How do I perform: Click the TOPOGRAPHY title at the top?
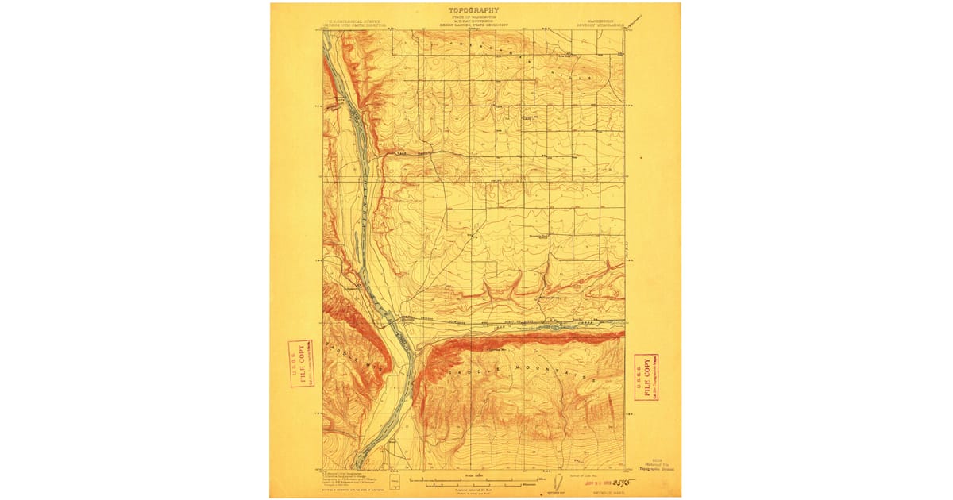pyautogui.click(x=473, y=10)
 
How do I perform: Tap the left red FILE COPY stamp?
pyautogui.click(x=300, y=363)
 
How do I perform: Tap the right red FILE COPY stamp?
pyautogui.click(x=646, y=376)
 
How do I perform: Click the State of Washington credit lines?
pyautogui.click(x=473, y=22)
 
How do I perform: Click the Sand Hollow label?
pyautogui.click(x=412, y=152)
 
